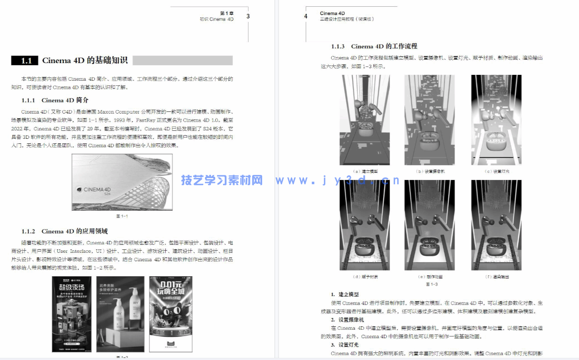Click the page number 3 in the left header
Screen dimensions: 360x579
pyautogui.click(x=248, y=16)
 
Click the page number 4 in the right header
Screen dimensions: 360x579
pyautogui.click(x=306, y=16)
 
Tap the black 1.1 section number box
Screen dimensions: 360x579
pyautogui.click(x=25, y=61)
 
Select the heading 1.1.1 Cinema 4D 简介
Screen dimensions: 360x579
pyautogui.click(x=55, y=100)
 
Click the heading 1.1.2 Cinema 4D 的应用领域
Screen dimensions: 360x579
pyautogui.click(x=64, y=231)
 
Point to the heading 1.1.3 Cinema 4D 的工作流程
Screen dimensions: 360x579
pyautogui.click(x=374, y=46)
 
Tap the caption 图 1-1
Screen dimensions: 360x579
pyautogui.click(x=122, y=216)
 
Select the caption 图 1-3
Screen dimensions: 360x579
pyautogui.click(x=432, y=284)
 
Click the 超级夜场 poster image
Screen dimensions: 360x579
pyautogui.click(x=72, y=314)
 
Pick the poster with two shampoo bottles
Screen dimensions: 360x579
pyautogui.click(x=120, y=314)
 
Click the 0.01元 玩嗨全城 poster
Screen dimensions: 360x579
pyautogui.click(x=170, y=314)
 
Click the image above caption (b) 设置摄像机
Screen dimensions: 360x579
pyautogui.click(x=430, y=120)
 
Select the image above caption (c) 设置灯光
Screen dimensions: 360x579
pyautogui.click(x=496, y=120)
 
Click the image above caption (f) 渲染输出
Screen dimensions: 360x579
pyautogui.click(x=496, y=225)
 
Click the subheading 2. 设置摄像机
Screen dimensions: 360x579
pyautogui.click(x=347, y=320)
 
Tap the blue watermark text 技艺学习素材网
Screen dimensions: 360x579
pyautogui.click(x=222, y=180)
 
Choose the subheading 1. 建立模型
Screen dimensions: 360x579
pyautogui.click(x=345, y=294)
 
